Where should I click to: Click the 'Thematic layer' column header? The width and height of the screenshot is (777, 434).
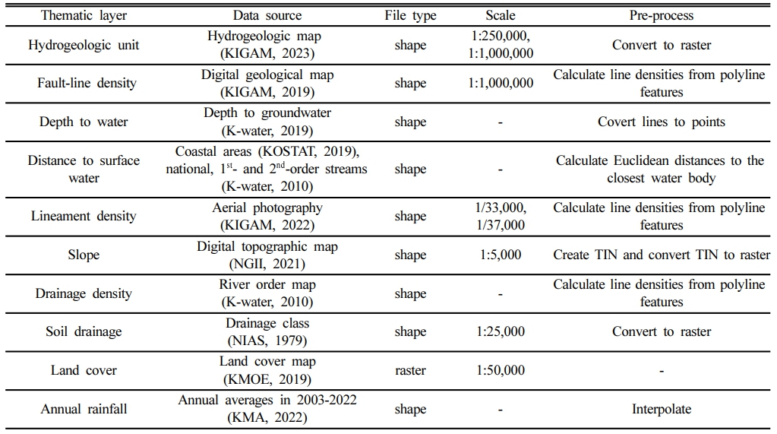pos(84,15)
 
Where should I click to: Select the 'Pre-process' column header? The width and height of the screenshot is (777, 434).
pos(661,15)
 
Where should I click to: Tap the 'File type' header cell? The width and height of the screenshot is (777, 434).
pos(410,15)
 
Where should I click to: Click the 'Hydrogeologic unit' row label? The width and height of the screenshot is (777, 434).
pos(84,45)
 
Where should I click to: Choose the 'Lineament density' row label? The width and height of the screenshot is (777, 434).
pos(84,216)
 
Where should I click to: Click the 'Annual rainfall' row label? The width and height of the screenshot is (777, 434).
pos(84,409)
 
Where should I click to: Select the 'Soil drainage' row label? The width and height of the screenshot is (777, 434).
pos(84,331)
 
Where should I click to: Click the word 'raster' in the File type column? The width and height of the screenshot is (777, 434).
pos(410,370)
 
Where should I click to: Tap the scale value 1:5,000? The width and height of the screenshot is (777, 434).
pos(501,255)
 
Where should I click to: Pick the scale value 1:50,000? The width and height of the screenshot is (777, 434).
pos(501,370)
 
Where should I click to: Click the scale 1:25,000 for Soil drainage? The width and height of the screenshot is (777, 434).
pos(501,331)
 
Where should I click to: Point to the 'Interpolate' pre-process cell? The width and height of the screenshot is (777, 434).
pos(662,409)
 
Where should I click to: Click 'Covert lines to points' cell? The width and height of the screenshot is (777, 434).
pos(662,122)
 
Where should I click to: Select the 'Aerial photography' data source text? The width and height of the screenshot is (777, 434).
pos(267,207)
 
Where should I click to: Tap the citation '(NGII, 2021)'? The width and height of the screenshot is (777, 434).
pos(267,264)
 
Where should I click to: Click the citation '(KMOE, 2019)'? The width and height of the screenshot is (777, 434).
pos(267,379)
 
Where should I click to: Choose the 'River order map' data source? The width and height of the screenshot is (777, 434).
pos(267,284)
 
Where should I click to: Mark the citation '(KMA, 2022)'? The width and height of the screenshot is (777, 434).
pos(267,417)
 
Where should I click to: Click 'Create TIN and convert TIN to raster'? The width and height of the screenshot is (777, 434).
pos(662,255)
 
